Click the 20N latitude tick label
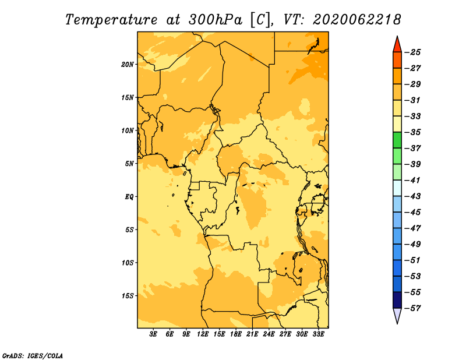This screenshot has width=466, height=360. click(127, 65)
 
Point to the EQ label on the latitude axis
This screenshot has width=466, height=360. click(129, 197)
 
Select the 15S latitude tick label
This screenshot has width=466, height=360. click(127, 296)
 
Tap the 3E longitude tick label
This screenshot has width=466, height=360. click(153, 334)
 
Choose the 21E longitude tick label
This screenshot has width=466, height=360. click(252, 334)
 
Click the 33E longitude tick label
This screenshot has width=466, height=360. click(318, 334)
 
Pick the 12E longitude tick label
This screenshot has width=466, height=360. click(203, 334)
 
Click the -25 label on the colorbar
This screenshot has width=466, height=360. click(412, 52)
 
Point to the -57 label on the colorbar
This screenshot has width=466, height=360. click(412, 308)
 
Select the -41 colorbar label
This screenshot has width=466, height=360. click(412, 180)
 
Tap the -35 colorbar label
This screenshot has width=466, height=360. click(412, 132)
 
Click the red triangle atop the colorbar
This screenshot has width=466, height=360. click(397, 45)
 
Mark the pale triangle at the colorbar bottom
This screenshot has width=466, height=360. click(397, 315)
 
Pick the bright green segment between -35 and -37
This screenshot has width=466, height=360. click(397, 140)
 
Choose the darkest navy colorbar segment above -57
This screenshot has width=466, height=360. click(397, 300)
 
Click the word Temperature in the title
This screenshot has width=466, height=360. click(111, 20)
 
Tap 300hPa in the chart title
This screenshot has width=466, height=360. click(215, 20)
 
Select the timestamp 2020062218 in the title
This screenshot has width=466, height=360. click(356, 20)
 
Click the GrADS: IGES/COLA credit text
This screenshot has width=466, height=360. click(33, 356)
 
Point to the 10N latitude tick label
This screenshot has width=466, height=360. click(127, 131)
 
